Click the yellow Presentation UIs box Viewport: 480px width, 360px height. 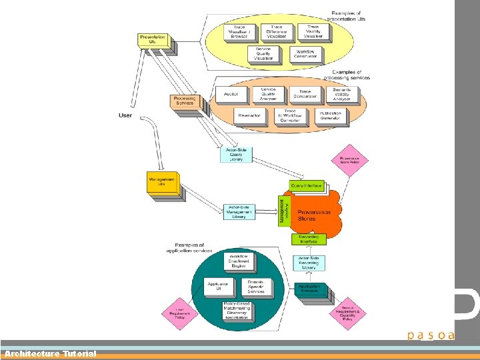tap(152, 39)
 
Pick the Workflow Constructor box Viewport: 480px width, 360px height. tap(305, 53)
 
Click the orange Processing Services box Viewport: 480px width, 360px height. tap(185, 101)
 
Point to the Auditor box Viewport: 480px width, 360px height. tap(231, 95)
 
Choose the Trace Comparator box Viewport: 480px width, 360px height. tap(305, 95)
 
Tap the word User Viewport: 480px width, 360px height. tap(125, 115)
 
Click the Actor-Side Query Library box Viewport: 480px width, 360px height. tap(236, 154)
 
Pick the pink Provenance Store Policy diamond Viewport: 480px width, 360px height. tap(349, 161)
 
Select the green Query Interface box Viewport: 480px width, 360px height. tap(307, 185)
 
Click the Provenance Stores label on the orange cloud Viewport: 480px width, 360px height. tap(314, 215)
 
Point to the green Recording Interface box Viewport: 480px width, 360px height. tap(308, 238)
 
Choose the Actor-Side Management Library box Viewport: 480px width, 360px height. tap(239, 212)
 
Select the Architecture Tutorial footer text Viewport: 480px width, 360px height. tap(50, 353)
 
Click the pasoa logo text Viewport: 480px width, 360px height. tap(431, 335)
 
